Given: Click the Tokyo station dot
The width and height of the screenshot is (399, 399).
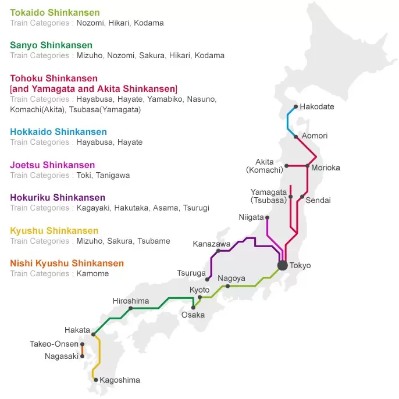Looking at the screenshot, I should click(x=283, y=265).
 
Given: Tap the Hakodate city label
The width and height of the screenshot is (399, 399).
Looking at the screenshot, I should click(x=317, y=106).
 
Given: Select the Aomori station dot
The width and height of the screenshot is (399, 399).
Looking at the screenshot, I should click(x=296, y=137).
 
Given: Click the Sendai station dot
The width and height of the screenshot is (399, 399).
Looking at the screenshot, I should click(x=302, y=196).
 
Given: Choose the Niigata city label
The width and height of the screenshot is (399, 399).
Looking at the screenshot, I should click(x=251, y=217).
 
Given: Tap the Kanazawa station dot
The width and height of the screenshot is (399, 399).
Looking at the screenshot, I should click(x=218, y=251).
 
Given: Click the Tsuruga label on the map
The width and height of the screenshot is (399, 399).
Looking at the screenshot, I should click(x=191, y=273).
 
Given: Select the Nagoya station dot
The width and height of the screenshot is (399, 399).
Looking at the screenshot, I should click(x=227, y=286).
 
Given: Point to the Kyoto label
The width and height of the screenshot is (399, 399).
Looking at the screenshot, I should click(x=199, y=290).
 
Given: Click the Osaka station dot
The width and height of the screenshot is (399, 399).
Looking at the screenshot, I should click(x=193, y=307).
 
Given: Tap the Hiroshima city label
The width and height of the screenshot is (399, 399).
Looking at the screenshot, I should click(x=131, y=301).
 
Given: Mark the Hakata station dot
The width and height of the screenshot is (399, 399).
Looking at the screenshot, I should click(x=93, y=334).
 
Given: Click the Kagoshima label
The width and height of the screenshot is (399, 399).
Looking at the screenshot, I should click(x=120, y=380).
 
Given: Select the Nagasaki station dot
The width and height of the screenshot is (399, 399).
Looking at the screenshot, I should click(x=83, y=356).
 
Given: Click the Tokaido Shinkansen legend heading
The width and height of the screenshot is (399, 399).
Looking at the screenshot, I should click(x=55, y=12).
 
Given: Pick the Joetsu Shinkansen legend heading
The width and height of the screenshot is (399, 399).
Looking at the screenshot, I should click(x=52, y=165).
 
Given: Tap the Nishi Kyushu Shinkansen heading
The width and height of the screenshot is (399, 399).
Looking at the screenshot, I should click(x=67, y=263).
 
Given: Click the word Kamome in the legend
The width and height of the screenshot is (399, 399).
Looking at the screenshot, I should click(x=92, y=273).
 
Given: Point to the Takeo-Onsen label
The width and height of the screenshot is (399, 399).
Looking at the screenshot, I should click(x=54, y=344).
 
